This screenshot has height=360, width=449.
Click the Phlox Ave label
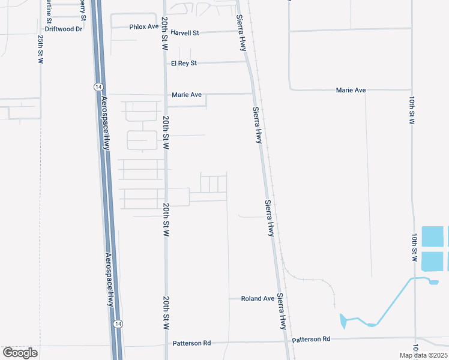click(144, 27)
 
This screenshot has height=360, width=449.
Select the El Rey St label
click(184, 63)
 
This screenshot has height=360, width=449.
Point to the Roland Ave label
click(258, 298)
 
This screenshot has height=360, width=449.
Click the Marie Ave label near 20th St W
click(187, 95)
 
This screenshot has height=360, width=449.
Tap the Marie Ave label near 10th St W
click(351, 90)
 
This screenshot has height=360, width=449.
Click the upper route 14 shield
click(98, 87)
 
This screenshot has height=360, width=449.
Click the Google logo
click(20, 352)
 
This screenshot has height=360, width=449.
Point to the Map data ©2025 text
click(423, 355)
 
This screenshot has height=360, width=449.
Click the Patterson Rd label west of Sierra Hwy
click(191, 343)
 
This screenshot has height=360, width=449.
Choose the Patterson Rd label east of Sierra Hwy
click(311, 339)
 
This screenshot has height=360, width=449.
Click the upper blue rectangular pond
click(433, 236)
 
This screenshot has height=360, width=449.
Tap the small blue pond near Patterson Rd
click(343, 322)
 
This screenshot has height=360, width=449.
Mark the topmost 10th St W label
click(412, 110)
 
